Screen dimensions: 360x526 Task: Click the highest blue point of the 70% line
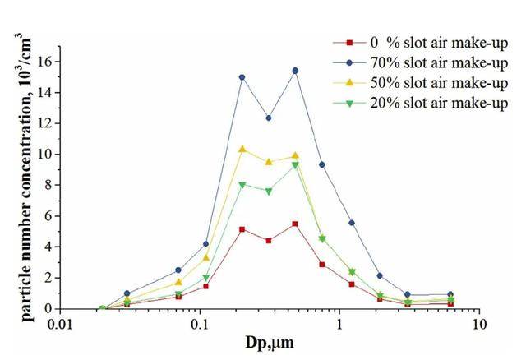point(295,71)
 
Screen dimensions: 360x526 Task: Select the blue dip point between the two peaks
point(268,118)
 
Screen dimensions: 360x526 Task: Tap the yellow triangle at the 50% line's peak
point(242,149)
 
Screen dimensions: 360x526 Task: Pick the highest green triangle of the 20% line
point(295,165)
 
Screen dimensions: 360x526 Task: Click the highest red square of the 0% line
point(295,224)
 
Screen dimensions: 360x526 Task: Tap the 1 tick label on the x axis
point(339,324)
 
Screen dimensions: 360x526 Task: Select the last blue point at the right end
point(450,294)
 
